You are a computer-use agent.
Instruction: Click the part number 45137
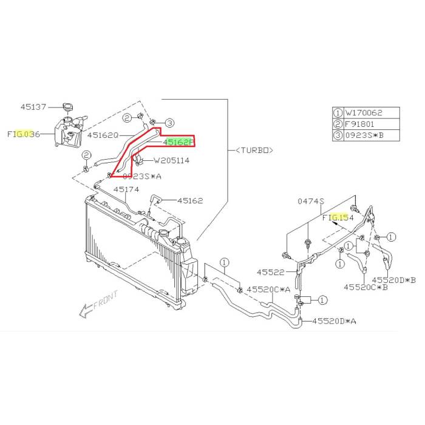[x=33, y=106]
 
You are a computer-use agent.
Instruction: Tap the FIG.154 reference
[x=337, y=216]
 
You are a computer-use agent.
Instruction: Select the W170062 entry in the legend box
[x=363, y=112]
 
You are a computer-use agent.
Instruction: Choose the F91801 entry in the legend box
[x=359, y=123]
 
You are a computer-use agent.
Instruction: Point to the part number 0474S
[x=311, y=201]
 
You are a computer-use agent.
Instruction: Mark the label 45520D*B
[x=394, y=279]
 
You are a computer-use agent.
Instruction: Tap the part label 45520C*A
[x=270, y=290]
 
